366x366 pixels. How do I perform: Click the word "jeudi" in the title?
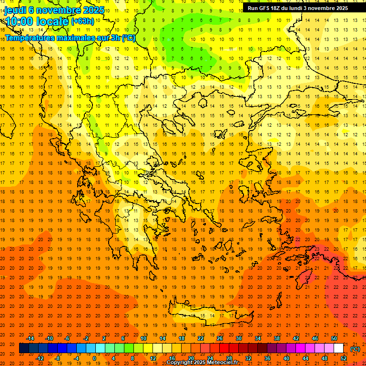pos(15,10)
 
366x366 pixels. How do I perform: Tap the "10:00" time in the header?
pos(20,21)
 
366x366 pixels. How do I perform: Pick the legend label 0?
pos(94,358)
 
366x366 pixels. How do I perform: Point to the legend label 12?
pos(153,358)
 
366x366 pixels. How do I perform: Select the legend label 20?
pos(191,358)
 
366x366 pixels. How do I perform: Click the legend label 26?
pos(220,338)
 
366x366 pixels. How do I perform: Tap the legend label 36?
pos(267,358)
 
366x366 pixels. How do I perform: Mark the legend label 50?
pos(334,338)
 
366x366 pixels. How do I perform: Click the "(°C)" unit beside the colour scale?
pos(355,349)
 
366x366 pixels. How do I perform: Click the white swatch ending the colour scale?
pos(339,348)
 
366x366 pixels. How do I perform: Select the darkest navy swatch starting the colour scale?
pos(24,348)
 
